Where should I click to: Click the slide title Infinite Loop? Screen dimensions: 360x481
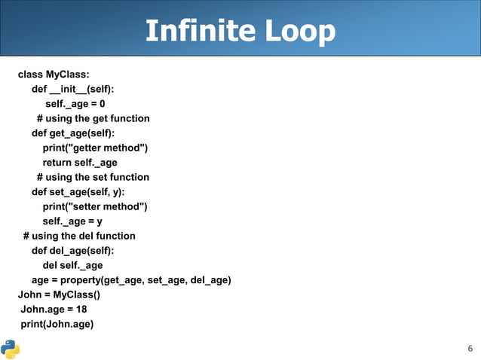[x=240, y=32]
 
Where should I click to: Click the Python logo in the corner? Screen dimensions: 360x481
[x=11, y=348]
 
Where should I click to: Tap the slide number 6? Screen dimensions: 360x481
[x=470, y=348]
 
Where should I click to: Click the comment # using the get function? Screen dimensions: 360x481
[x=93, y=118]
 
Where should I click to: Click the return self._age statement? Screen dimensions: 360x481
[x=80, y=162]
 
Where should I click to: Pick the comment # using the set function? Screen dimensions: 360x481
[x=93, y=177]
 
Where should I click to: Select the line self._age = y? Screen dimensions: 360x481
[x=72, y=221]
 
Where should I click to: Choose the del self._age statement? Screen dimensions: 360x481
[x=72, y=265]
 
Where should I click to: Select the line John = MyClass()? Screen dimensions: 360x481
[x=59, y=294]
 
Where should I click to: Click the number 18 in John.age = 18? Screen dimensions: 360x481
[x=81, y=309]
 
